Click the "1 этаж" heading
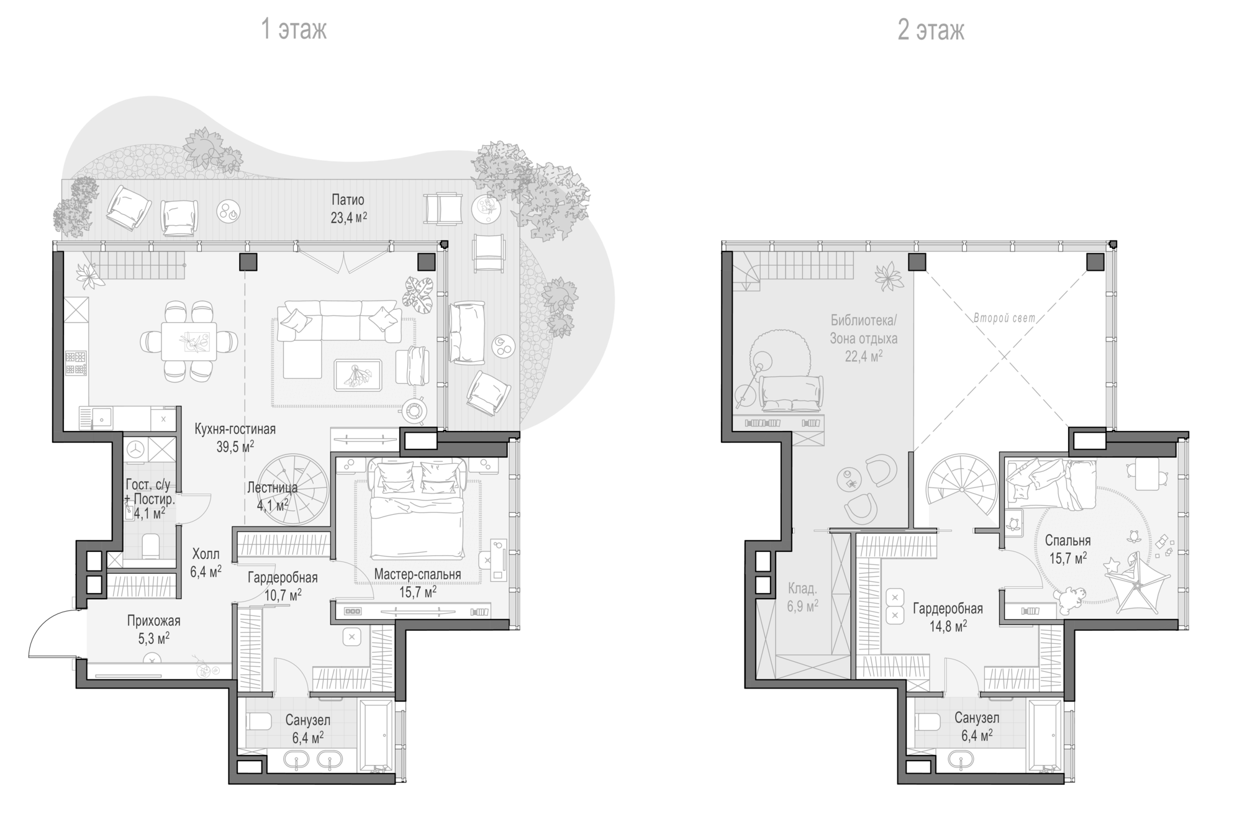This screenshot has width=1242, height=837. point(294,29)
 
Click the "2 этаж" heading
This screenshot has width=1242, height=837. point(930,29)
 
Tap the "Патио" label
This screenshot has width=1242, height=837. point(348,200)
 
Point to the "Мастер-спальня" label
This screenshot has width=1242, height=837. point(417,574)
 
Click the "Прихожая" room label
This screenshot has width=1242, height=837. point(153,620)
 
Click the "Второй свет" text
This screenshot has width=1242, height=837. point(1004,319)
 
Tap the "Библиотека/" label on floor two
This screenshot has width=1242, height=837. point(864,320)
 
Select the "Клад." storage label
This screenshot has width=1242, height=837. point(802,588)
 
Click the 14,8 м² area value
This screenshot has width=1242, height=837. point(948,627)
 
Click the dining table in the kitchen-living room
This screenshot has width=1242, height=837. point(189,341)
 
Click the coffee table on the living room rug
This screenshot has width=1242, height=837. point(358,374)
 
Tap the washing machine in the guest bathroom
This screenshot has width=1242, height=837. point(136,449)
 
